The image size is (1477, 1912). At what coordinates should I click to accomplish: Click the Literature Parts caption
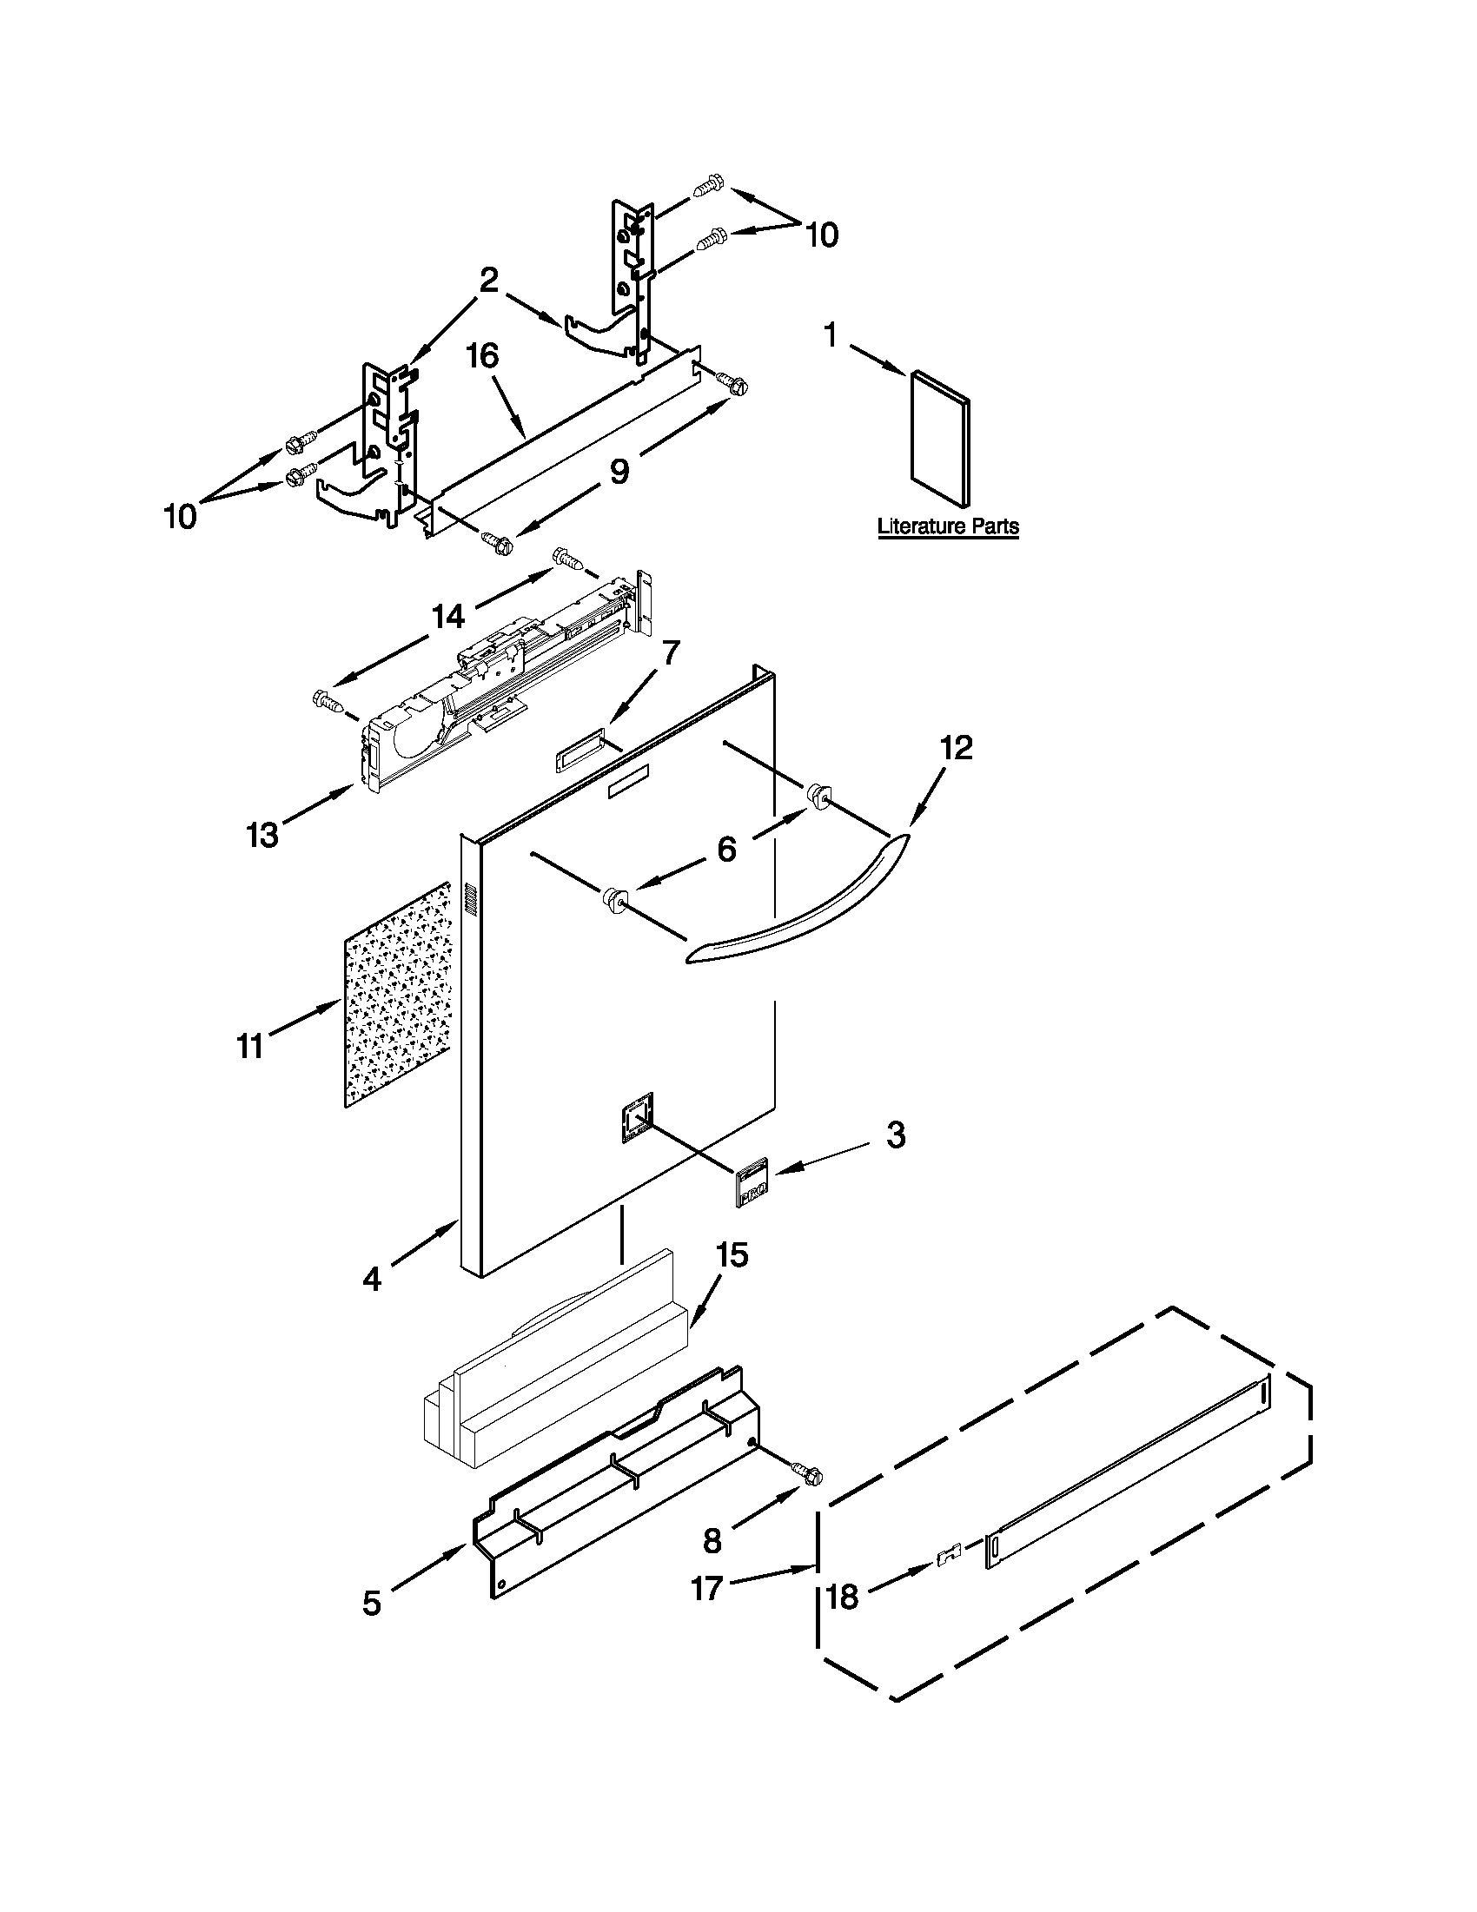[947, 526]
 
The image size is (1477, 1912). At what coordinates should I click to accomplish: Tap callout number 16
[482, 357]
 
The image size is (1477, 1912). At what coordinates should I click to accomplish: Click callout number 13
[262, 834]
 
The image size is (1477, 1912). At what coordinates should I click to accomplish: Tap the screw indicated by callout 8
[808, 1473]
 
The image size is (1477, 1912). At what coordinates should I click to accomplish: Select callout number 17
[706, 1586]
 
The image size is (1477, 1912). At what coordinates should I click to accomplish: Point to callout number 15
[732, 1254]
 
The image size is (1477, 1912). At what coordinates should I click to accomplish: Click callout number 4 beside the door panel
[372, 1279]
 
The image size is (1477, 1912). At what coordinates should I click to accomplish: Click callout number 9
[619, 472]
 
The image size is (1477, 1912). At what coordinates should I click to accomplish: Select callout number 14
[447, 617]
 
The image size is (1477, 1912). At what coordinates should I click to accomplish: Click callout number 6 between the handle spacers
[726, 849]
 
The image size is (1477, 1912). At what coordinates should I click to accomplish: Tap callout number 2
[488, 281]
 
